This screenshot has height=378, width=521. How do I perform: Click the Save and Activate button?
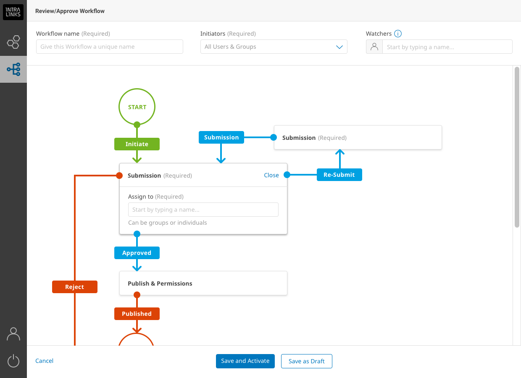(x=245, y=361)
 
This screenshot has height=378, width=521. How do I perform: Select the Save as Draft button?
(x=307, y=361)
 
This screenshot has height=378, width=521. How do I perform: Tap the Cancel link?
(x=44, y=361)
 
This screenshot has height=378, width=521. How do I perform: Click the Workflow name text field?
(x=110, y=47)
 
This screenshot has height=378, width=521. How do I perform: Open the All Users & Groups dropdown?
(x=274, y=47)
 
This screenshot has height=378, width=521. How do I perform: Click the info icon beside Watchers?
(x=398, y=34)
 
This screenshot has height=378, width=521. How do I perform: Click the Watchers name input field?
(x=447, y=47)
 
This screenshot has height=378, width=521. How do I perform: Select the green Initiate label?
(x=137, y=144)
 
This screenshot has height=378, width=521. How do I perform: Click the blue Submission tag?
(x=221, y=137)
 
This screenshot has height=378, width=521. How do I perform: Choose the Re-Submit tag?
(x=339, y=175)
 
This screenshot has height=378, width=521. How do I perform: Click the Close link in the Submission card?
(x=271, y=175)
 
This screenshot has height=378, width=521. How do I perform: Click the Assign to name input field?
(x=203, y=210)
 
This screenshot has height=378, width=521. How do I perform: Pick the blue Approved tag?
(x=137, y=253)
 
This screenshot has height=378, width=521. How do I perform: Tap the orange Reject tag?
(x=75, y=287)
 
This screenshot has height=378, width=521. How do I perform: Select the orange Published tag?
(x=137, y=314)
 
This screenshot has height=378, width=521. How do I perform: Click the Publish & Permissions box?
(x=203, y=283)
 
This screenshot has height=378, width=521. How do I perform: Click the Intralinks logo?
(x=13, y=12)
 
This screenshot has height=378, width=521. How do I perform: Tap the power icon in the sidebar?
(x=13, y=361)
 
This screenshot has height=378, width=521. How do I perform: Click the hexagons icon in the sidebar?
(x=13, y=42)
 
